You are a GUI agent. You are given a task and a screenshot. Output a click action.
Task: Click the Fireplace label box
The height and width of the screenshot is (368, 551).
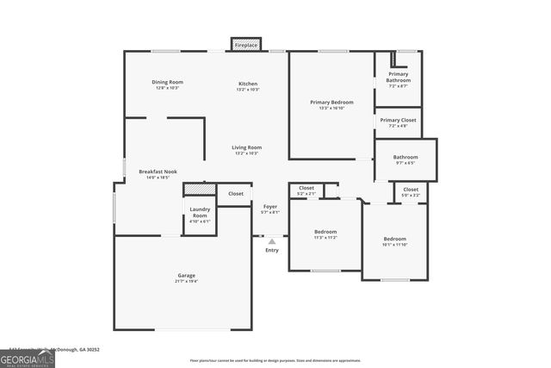pyautogui.click(x=246, y=44)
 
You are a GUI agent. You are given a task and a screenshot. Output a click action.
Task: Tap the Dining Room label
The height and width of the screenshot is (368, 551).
pyautogui.click(x=168, y=84)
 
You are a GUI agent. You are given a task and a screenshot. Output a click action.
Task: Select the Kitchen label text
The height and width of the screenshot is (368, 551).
pyautogui.click(x=248, y=84)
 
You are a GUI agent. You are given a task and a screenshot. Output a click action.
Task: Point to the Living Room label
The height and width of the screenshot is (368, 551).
pyautogui.click(x=247, y=150)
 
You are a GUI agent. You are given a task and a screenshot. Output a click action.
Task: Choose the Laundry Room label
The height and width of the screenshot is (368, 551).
pyautogui.click(x=200, y=215)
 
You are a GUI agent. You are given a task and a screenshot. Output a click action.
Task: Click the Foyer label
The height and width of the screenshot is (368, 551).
pyautogui.click(x=270, y=209)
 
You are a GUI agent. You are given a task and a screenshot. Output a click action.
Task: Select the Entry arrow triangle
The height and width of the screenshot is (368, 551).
pyautogui.click(x=272, y=242)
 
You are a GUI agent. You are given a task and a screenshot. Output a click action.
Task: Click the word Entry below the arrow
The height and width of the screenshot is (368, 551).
pyautogui.click(x=272, y=251)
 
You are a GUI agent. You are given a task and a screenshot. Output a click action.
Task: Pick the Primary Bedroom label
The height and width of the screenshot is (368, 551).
pyautogui.click(x=331, y=104)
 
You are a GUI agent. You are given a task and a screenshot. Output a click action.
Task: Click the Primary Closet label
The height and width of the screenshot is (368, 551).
pyautogui.click(x=398, y=122)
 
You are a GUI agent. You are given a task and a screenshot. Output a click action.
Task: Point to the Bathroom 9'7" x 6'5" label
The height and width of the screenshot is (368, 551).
pyautogui.click(x=406, y=159)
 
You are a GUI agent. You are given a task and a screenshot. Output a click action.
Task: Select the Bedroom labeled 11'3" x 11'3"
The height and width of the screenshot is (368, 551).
pyautogui.click(x=325, y=234)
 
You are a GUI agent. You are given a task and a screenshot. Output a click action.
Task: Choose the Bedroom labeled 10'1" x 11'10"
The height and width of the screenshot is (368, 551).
pyautogui.click(x=395, y=240)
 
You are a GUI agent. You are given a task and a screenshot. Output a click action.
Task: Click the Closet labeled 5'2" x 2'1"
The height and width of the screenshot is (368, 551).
pyautogui.click(x=306, y=190)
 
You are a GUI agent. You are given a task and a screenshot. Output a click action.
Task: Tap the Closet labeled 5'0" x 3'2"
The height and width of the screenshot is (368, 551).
pyautogui.click(x=411, y=191)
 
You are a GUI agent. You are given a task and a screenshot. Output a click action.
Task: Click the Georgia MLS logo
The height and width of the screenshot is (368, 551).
pyautogui.click(x=28, y=356)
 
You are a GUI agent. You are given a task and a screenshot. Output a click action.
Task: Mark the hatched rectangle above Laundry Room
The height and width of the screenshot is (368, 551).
pyautogui.click(x=199, y=189)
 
